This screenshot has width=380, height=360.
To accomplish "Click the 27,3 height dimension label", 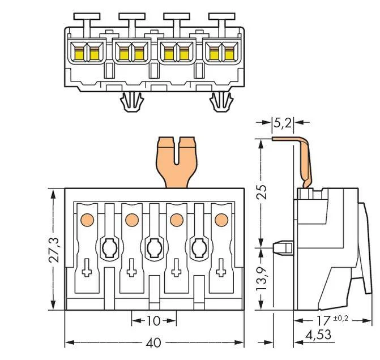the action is pyautogui.click(x=54, y=250).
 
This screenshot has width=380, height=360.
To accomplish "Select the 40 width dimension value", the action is pyautogui.click(x=153, y=342).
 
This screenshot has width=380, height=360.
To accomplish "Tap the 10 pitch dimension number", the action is pyautogui.click(x=153, y=321).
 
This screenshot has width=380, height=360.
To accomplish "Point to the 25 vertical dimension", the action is pyautogui.click(x=262, y=192).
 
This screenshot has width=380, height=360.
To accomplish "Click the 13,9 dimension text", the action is pyautogui.click(x=262, y=278).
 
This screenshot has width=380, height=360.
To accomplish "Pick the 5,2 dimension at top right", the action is pyautogui.click(x=283, y=123).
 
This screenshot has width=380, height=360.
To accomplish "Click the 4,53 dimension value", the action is pyautogui.click(x=318, y=335).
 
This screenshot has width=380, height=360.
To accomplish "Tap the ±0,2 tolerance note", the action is pyautogui.click(x=341, y=318).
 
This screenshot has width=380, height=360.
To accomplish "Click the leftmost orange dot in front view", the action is pyautogui.click(x=87, y=220).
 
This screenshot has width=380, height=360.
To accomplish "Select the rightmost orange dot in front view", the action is pyautogui.click(x=221, y=220).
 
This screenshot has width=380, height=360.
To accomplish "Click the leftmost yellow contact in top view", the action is pyautogui.click(x=79, y=54).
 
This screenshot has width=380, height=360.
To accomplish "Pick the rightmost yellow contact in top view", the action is pyautogui.click(x=229, y=54).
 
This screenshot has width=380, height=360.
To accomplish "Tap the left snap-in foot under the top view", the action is pyautogui.click(x=132, y=102).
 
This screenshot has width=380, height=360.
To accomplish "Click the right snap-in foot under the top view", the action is pyautogui.click(x=222, y=102).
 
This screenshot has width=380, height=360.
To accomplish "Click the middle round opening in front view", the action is pyautogui.click(x=155, y=248).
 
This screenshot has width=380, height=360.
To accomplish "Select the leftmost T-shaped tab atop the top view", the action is pyautogui.click(x=87, y=22).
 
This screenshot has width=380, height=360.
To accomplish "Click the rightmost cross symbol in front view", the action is pyautogui.click(x=221, y=268).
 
